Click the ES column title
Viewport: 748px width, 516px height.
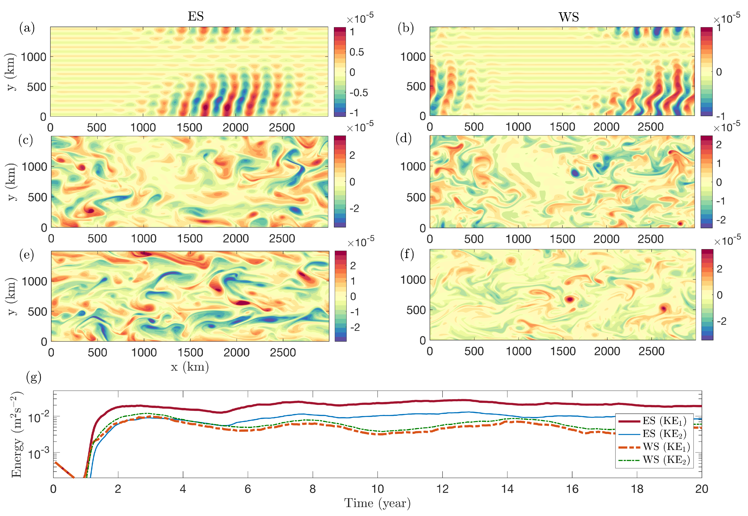[196, 16]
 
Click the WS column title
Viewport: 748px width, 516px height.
[568, 17]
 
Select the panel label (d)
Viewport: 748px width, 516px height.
[403, 138]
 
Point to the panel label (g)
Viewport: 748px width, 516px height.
[34, 377]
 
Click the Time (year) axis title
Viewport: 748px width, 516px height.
[377, 503]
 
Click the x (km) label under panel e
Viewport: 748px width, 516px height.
[189, 367]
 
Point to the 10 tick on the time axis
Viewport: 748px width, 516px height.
[377, 489]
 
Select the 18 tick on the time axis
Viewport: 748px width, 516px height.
[637, 489]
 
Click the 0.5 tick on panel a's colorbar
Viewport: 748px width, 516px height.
[357, 52]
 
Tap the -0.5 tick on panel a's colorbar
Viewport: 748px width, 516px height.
[358, 93]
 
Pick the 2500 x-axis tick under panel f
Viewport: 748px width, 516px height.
[651, 351]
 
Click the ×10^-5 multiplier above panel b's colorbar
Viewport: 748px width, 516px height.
[726, 19]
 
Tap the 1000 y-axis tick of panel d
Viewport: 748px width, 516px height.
[413, 166]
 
